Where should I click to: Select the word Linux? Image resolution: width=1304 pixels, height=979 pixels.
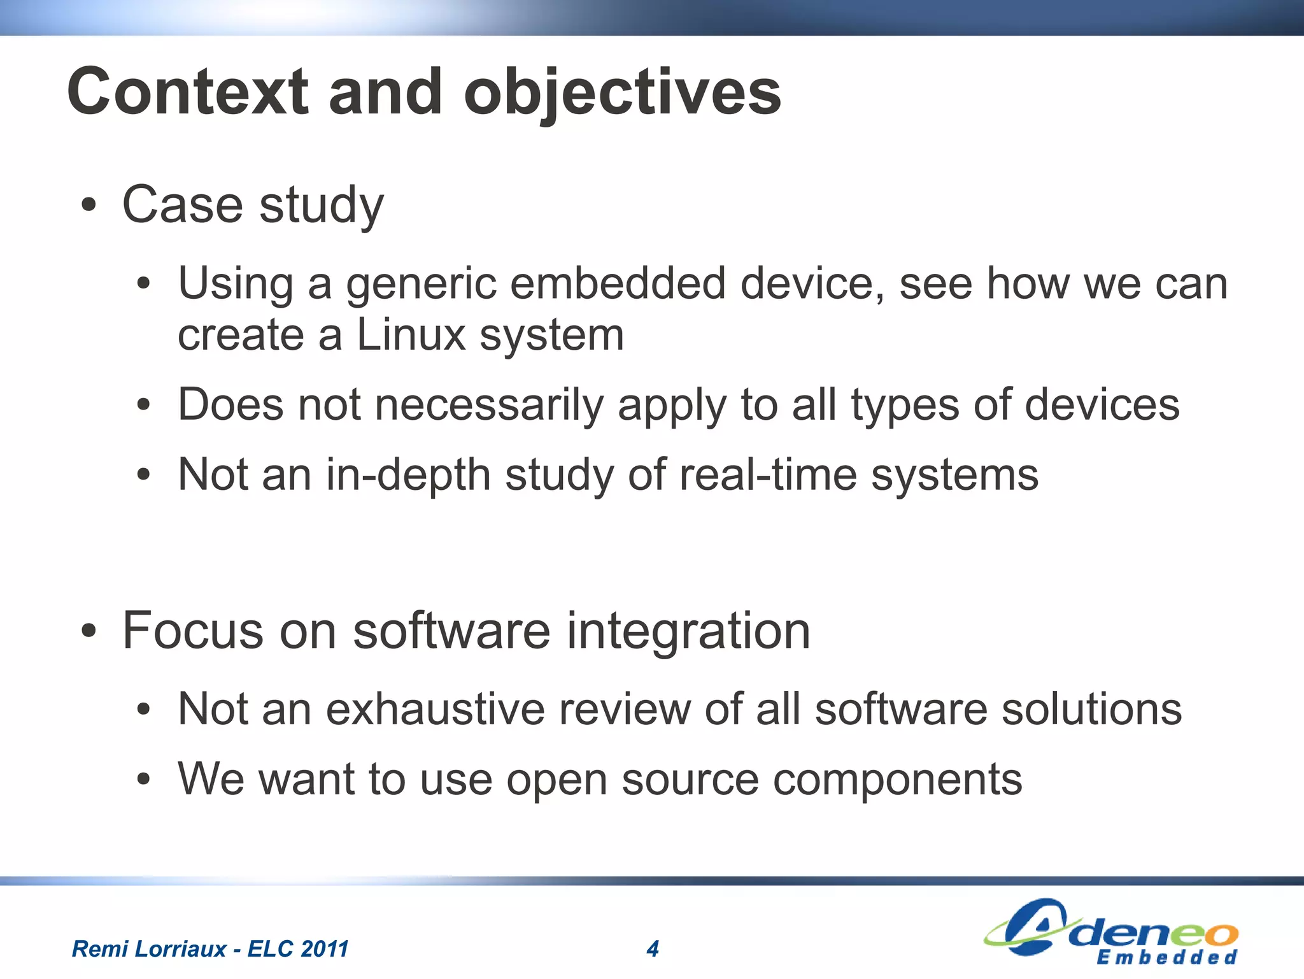point(411,334)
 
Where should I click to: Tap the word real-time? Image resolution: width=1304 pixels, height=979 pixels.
point(767,475)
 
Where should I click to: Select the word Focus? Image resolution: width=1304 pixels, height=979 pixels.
point(193,631)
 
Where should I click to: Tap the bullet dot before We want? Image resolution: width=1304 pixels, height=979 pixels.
point(145,779)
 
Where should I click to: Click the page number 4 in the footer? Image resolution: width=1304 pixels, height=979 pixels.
point(653,949)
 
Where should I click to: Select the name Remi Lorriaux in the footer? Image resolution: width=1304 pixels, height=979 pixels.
point(149,949)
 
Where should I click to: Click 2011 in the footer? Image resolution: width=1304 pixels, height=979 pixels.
point(325,949)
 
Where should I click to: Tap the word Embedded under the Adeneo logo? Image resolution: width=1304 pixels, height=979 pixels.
point(1166,957)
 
